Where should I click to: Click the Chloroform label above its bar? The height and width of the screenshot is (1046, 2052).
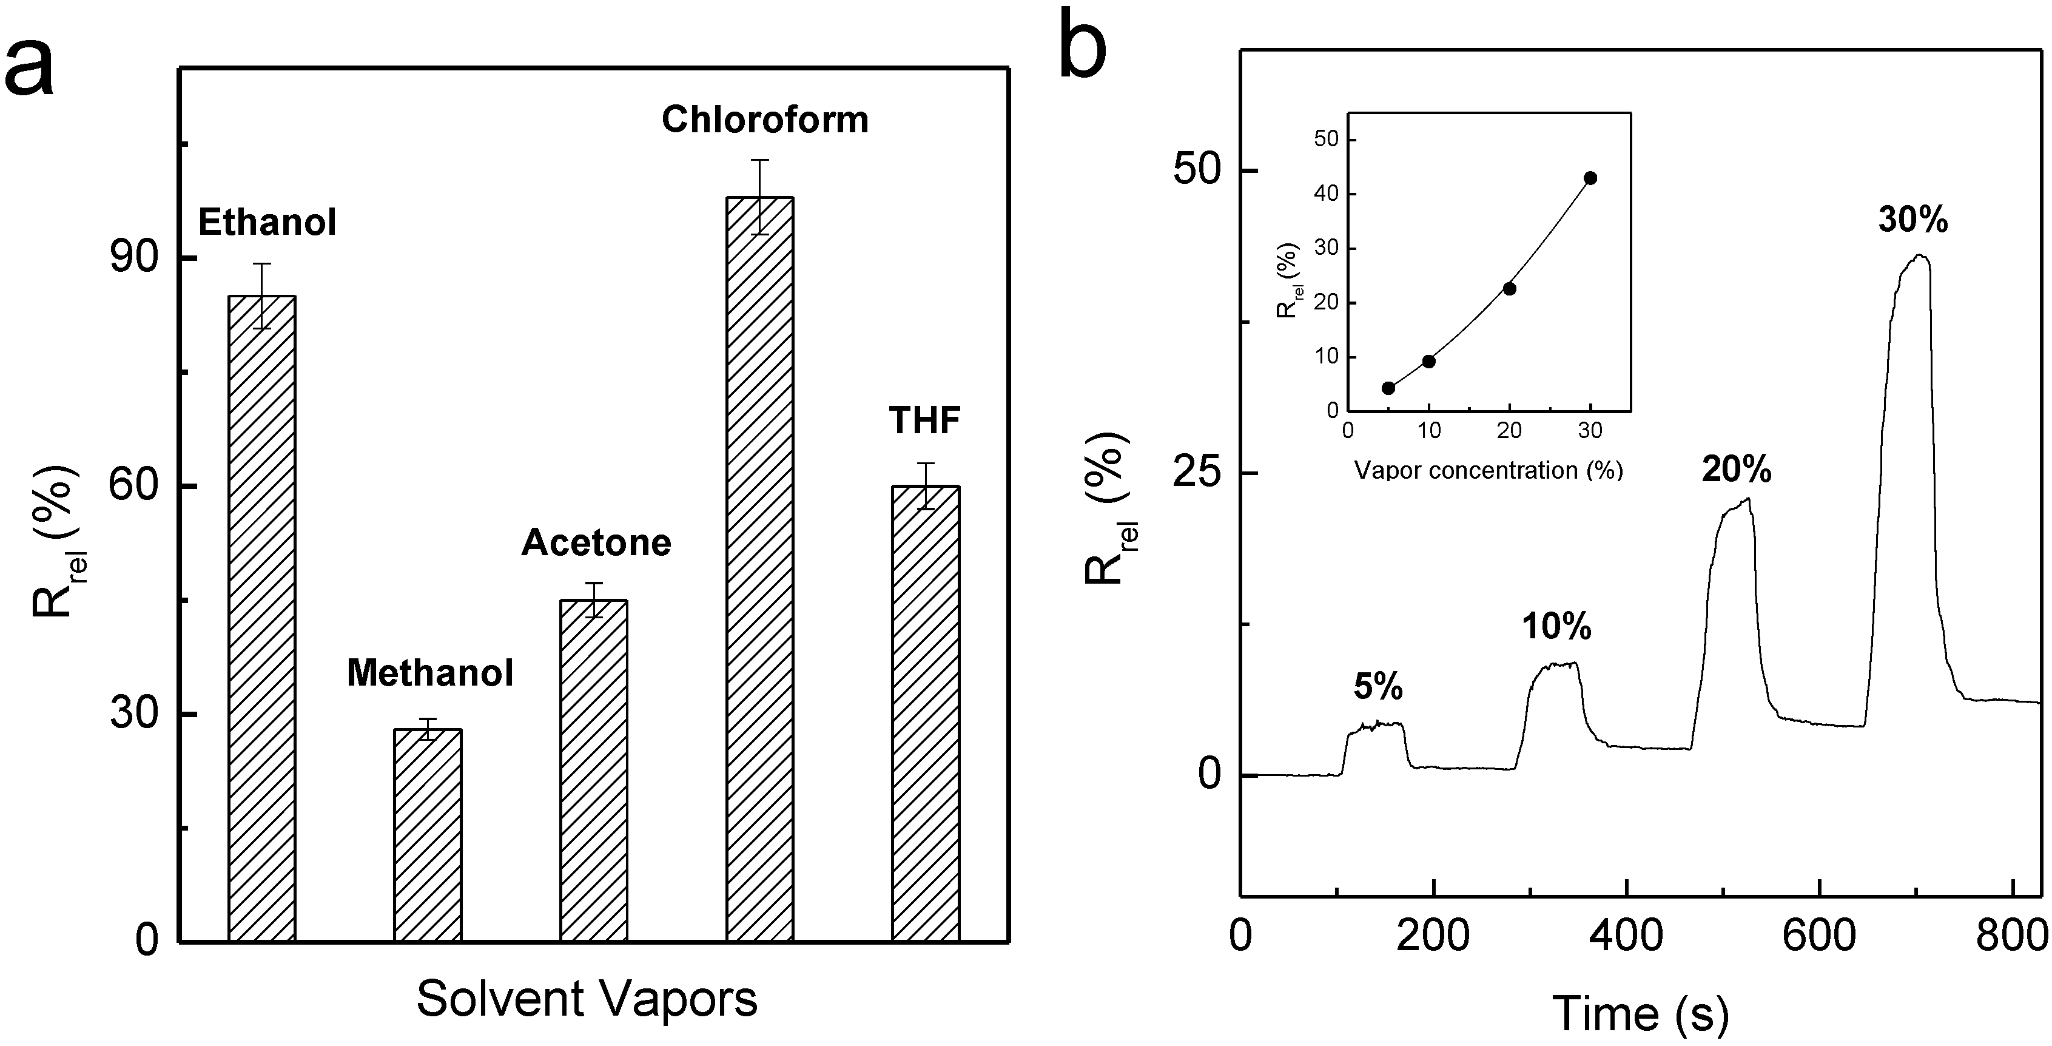(765, 120)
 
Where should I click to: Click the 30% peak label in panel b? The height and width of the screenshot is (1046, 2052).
(1912, 220)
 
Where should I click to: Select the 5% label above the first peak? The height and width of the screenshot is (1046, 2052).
(1378, 687)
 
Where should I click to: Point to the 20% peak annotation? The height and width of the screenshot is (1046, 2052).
(1737, 470)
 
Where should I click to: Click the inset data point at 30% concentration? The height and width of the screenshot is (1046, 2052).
(1591, 178)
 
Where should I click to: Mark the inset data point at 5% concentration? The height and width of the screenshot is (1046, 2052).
(1388, 388)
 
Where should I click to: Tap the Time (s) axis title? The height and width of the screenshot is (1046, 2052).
(1641, 1014)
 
